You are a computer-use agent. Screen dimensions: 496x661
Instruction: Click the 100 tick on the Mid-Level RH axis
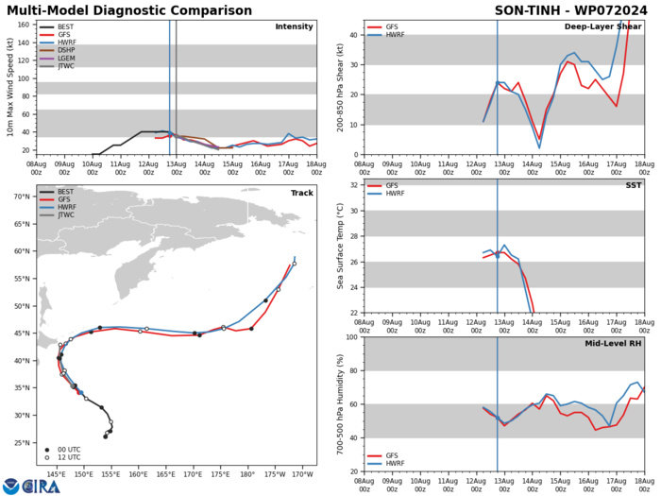click(351, 337)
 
